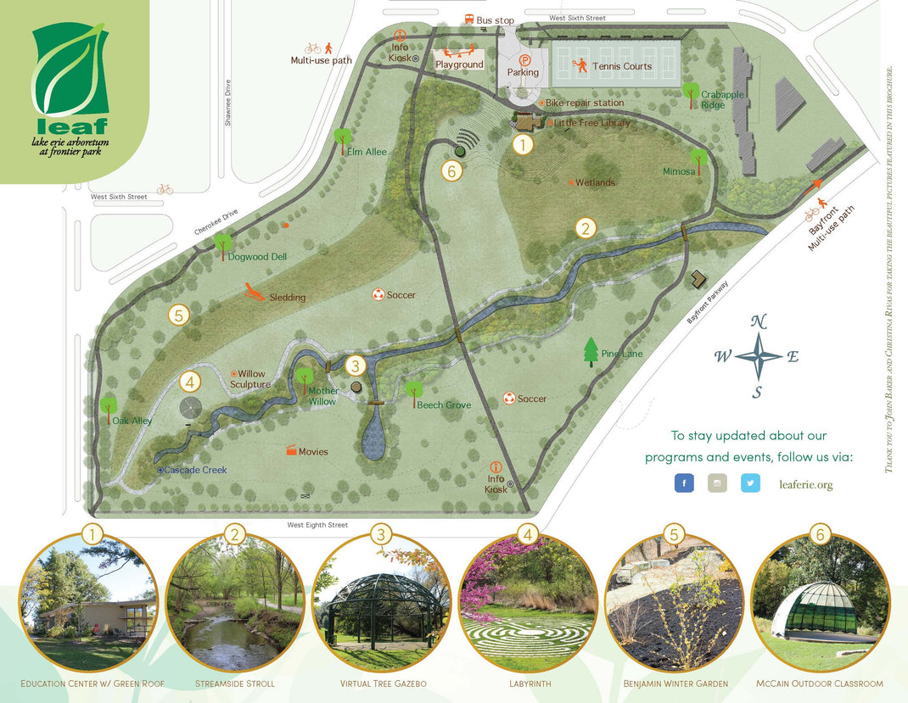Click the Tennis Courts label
(x=623, y=66)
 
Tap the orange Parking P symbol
(x=524, y=60)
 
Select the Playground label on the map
(x=459, y=64)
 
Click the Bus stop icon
(x=468, y=20)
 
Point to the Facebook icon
(x=684, y=483)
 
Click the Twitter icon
(x=750, y=483)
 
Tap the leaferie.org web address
(x=805, y=484)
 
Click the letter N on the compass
(x=759, y=321)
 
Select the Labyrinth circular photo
(x=528, y=604)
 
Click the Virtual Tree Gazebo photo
(x=382, y=604)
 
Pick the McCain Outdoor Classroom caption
(x=819, y=683)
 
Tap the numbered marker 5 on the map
(x=177, y=315)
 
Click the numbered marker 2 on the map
(x=585, y=227)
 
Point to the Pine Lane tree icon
(x=591, y=351)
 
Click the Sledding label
(x=287, y=298)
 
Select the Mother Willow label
(x=322, y=396)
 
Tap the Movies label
(x=313, y=452)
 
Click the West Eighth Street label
(x=317, y=525)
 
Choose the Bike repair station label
(x=585, y=103)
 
